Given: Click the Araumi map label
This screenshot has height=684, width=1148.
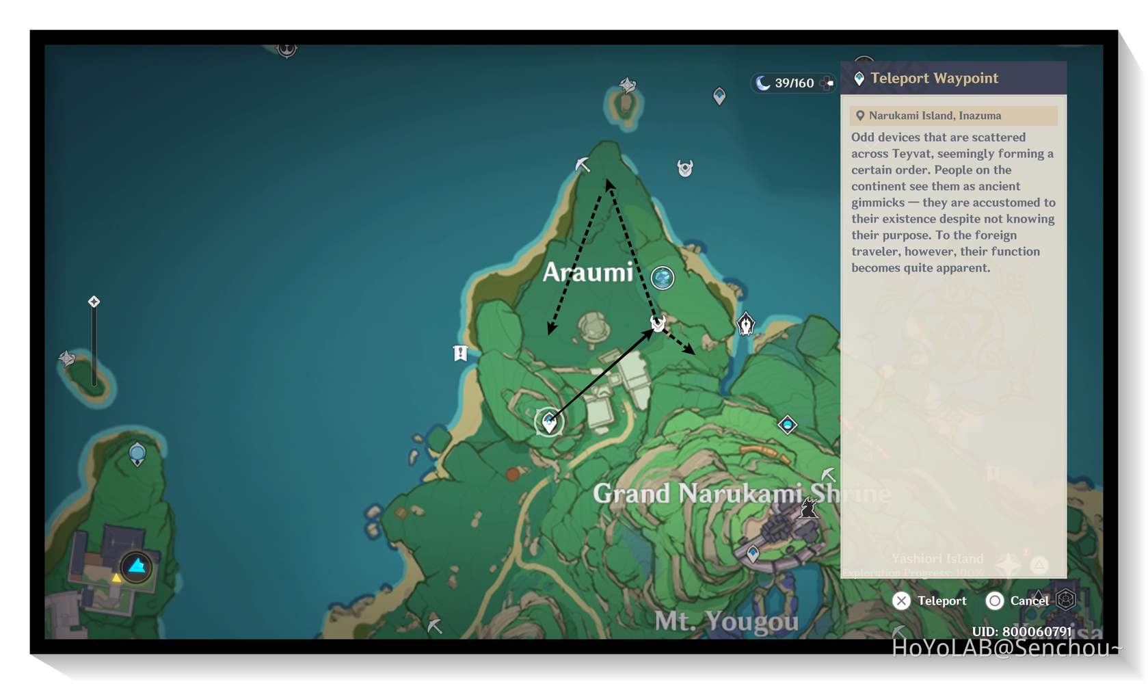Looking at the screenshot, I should tap(588, 272).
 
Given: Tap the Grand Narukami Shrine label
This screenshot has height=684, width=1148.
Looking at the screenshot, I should tap(742, 493).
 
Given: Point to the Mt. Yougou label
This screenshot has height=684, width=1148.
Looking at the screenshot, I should tap(726, 621).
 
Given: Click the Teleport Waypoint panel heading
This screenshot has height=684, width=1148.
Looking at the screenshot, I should tap(934, 78).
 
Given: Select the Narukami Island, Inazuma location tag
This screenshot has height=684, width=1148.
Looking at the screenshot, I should tap(934, 116).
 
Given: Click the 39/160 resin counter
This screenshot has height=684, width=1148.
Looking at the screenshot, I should tap(794, 83).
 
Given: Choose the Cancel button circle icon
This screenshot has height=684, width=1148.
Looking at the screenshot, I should tap(995, 601).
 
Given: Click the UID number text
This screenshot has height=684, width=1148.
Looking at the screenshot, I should tap(1022, 631).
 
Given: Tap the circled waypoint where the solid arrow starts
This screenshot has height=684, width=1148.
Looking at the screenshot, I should tap(549, 422).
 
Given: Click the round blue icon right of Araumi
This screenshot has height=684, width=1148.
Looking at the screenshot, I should tap(663, 278).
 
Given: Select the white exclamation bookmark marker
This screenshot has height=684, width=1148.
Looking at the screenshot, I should tap(460, 353).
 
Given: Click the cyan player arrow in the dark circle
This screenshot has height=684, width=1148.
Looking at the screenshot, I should tap(137, 566).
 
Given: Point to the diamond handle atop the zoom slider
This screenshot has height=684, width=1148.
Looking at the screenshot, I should tap(94, 302).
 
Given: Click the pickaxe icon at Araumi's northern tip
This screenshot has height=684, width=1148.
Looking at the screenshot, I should tap(583, 164).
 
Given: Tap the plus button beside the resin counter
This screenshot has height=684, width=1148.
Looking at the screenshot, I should tap(828, 83).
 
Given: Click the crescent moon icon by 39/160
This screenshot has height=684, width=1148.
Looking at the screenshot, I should tap(762, 83).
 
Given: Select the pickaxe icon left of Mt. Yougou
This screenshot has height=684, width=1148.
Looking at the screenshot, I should tap(435, 625).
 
